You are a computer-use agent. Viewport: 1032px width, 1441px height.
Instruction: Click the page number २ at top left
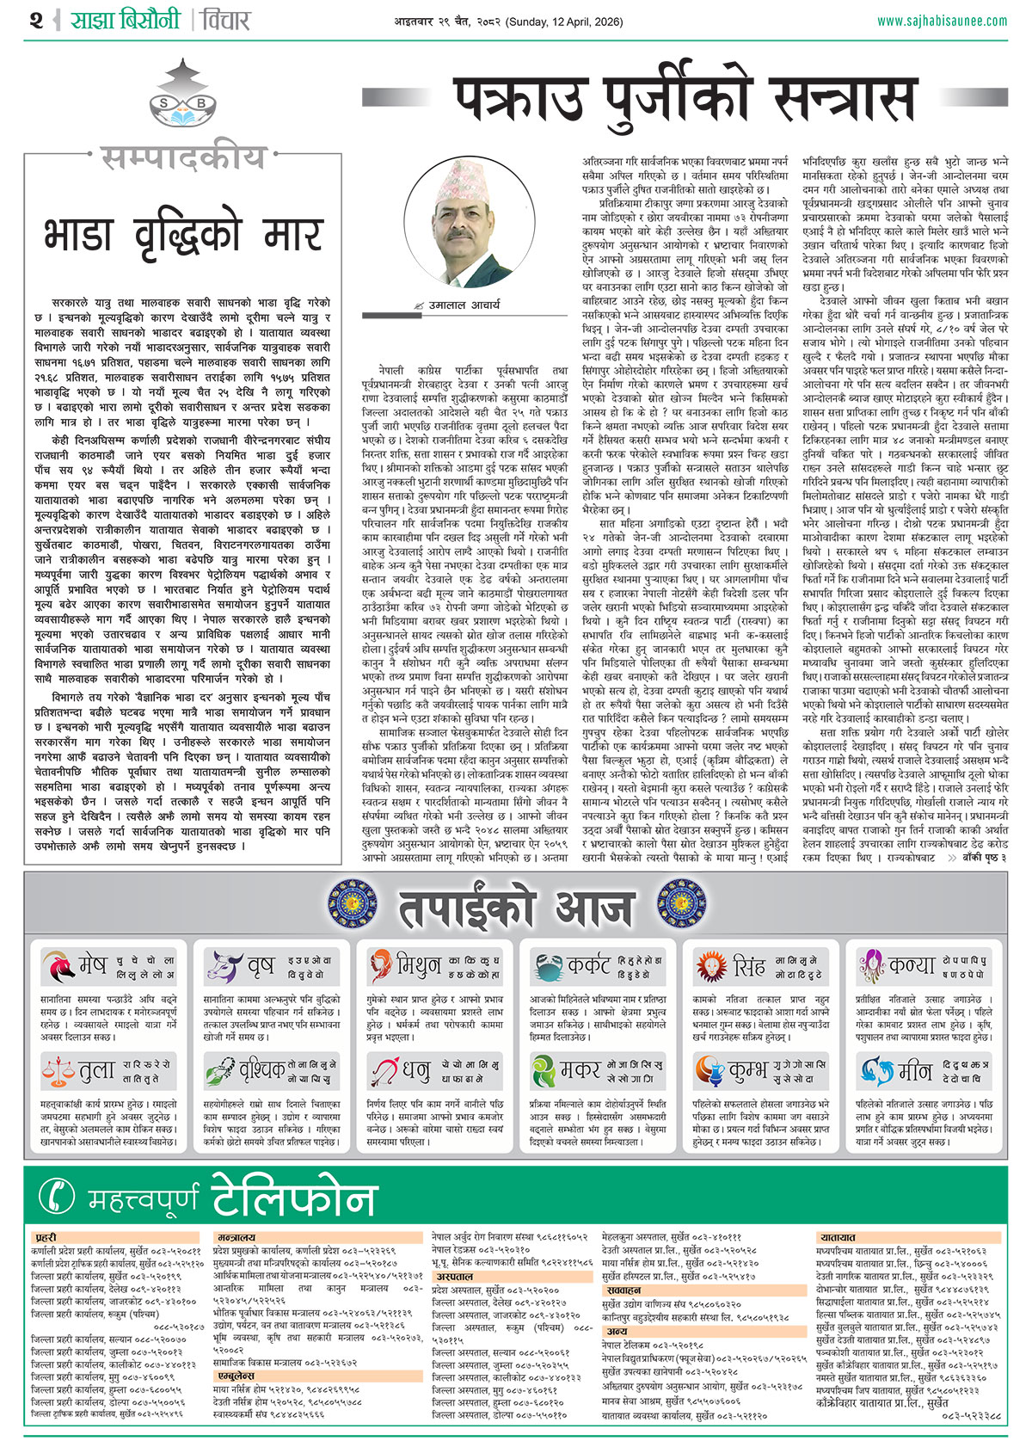coord(35,19)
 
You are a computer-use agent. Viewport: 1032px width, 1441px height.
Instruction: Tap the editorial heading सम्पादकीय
coord(183,157)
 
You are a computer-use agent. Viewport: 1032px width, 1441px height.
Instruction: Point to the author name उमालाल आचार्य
coord(464,305)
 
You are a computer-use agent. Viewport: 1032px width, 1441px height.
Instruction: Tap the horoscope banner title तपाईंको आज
coord(516,907)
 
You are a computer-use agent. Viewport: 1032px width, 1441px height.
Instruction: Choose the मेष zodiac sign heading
coord(91,965)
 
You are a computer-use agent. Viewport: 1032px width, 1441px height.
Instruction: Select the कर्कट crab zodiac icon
coord(547,967)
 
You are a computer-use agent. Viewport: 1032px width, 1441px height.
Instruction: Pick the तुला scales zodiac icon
coord(58,1071)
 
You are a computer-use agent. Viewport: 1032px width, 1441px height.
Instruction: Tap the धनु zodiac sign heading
coord(416,1071)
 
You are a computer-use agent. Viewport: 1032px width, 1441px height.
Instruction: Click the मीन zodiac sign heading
coord(914,1071)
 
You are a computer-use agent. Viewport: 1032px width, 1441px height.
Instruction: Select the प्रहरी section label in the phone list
coord(46,1237)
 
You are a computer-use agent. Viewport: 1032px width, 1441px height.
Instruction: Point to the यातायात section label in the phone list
coord(838,1237)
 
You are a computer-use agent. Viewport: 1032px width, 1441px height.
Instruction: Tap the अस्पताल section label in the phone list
coord(454,1277)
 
